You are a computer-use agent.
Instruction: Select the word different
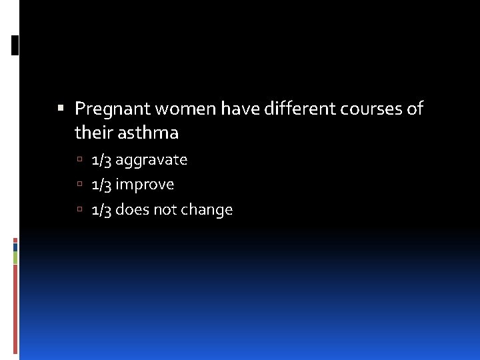coord(303,109)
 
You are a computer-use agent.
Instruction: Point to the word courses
coord(374,109)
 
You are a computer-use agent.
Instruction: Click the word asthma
coord(148,133)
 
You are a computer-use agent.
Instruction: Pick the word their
coord(93,133)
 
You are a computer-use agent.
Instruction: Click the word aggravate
coord(151,160)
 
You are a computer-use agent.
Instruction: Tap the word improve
coord(145,185)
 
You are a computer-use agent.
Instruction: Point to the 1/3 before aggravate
coord(101,160)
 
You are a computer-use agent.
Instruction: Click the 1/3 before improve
coord(101,185)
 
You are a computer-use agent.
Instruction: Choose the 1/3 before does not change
coord(101,210)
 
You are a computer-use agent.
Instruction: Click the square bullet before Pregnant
coord(61,108)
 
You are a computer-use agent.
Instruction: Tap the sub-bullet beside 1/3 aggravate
coord(79,161)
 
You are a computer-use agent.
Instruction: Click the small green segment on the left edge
coord(15,257)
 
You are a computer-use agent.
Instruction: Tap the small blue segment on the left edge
coord(15,247)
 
